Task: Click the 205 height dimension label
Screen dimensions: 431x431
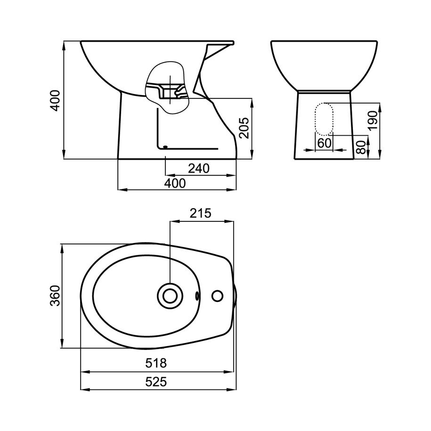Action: pos(244,128)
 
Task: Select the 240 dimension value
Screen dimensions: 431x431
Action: pos(199,169)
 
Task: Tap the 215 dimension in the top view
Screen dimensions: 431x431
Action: pos(200,213)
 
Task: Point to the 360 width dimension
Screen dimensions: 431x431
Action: pos(55,296)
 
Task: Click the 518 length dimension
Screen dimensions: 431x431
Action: pos(156,363)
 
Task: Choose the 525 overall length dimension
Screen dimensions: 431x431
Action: pos(156,382)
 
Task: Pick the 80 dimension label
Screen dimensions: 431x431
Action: pos(362,147)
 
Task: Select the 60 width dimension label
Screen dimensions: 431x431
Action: pos(325,143)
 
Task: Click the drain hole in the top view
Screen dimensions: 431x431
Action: pos(170,296)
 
